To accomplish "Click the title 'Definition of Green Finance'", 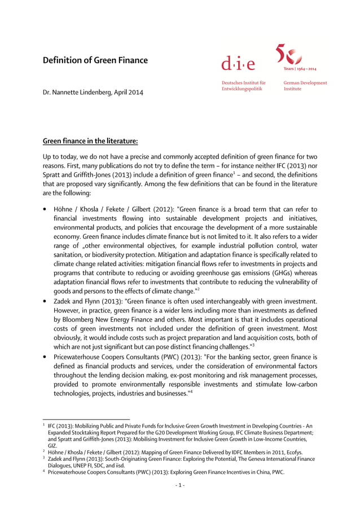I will coord(95,60).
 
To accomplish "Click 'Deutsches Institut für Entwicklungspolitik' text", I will coord(243,86).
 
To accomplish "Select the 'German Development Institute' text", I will coord(305,86).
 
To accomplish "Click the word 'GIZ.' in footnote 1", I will coord(52,445).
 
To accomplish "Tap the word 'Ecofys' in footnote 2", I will coord(292,452).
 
